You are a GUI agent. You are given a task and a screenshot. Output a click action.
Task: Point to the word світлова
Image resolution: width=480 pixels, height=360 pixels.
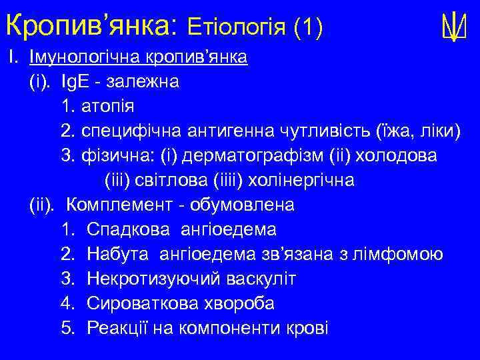173,181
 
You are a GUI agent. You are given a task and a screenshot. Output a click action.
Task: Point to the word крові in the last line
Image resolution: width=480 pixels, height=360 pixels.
304,329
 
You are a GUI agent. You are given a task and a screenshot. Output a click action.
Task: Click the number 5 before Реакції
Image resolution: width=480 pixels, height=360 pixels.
66,329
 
